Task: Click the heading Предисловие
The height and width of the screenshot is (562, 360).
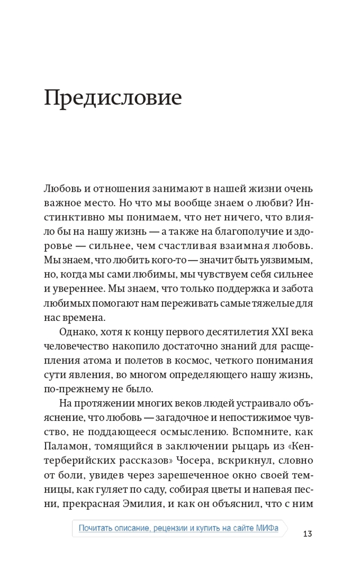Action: click(113, 98)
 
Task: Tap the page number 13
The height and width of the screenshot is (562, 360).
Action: click(307, 533)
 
